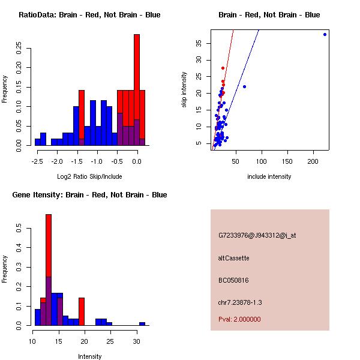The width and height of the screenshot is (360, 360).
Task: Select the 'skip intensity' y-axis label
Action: click(x=184, y=90)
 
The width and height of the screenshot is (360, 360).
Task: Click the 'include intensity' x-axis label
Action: click(x=269, y=176)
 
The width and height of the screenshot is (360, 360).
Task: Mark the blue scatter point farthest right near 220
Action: click(x=325, y=34)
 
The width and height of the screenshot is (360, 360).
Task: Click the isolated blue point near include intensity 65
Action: click(x=244, y=87)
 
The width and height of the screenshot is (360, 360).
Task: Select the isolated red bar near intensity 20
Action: click(x=82, y=311)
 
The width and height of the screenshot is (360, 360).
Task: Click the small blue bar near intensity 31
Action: click(x=142, y=323)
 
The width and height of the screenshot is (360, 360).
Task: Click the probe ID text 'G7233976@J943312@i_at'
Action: click(x=257, y=235)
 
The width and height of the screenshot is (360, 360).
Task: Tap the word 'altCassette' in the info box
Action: click(x=233, y=258)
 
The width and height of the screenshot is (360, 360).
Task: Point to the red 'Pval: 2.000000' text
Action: click(x=239, y=319)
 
